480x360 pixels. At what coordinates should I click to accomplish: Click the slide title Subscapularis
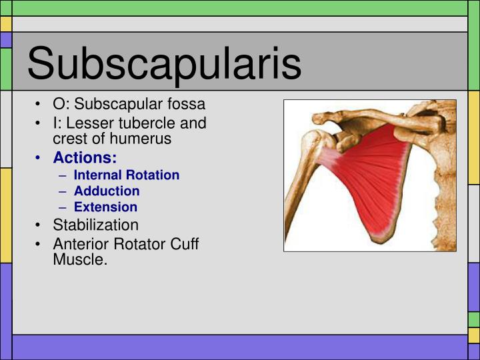coord(164,63)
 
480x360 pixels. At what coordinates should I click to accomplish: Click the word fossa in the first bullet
coord(186,105)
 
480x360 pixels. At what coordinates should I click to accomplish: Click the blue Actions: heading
coord(85,158)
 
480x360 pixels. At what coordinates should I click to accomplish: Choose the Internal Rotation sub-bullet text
coord(127,175)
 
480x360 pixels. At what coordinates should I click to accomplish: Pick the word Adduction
coord(107,191)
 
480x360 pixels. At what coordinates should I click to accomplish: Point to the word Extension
coord(105,207)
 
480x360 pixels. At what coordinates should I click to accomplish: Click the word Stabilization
coord(95,225)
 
